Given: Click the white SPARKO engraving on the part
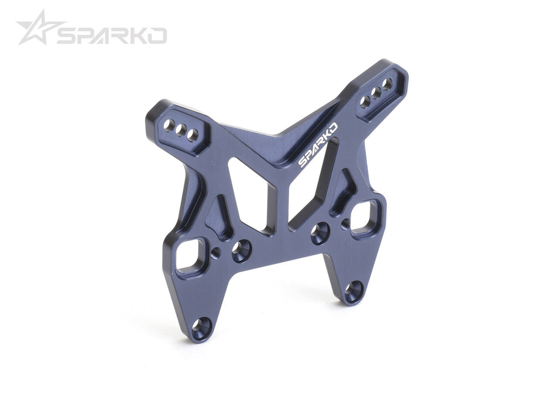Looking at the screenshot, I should coord(318,145).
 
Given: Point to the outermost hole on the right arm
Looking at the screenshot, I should coord(387,84).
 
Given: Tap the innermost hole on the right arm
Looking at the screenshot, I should coord(365,102).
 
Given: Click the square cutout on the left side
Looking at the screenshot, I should coord(189,256).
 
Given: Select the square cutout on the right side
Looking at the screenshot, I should coord(365,217).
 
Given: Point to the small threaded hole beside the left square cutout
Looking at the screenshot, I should coord(216,252).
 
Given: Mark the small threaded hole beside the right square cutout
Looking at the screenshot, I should coord(346,223).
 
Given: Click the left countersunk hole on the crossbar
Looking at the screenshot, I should coord(241,250).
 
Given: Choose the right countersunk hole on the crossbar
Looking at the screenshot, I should coord(320,232).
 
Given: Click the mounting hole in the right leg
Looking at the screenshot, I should coord(353,291).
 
